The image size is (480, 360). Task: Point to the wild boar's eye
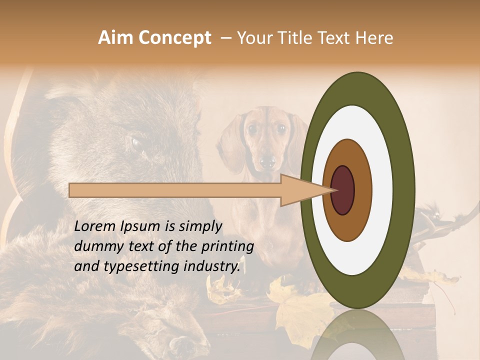[136, 143]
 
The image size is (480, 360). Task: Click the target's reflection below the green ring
[358, 335]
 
